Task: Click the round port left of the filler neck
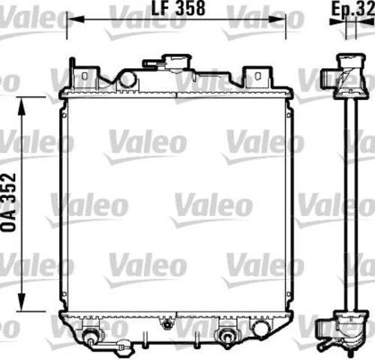tap(127, 77)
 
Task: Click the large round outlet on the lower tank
tap(261, 328)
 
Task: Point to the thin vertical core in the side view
tap(349, 202)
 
